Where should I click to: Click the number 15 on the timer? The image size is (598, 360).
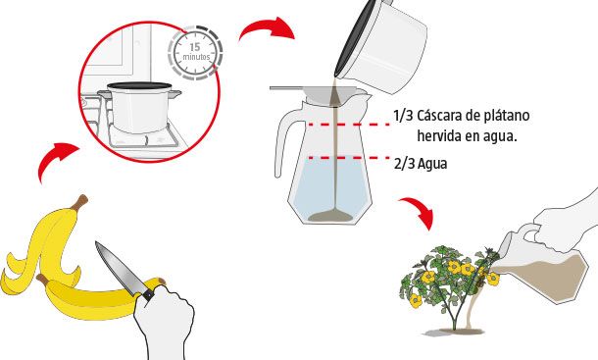coord(194,47)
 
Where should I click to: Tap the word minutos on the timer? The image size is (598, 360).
coord(196,57)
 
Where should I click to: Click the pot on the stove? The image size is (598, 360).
coord(139,107)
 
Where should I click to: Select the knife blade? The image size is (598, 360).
coord(118,268)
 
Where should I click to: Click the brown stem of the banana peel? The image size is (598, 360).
coord(79,201)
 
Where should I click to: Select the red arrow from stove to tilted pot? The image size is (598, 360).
coord(267,28)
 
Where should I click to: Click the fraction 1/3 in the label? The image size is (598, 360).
coord(403,116)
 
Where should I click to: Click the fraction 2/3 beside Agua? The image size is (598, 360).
coord(405,164)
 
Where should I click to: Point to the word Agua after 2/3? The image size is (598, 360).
coord(432,165)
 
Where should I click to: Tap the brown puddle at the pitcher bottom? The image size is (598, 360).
coord(330,216)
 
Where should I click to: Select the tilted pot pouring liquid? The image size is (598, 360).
coord(381,46)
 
